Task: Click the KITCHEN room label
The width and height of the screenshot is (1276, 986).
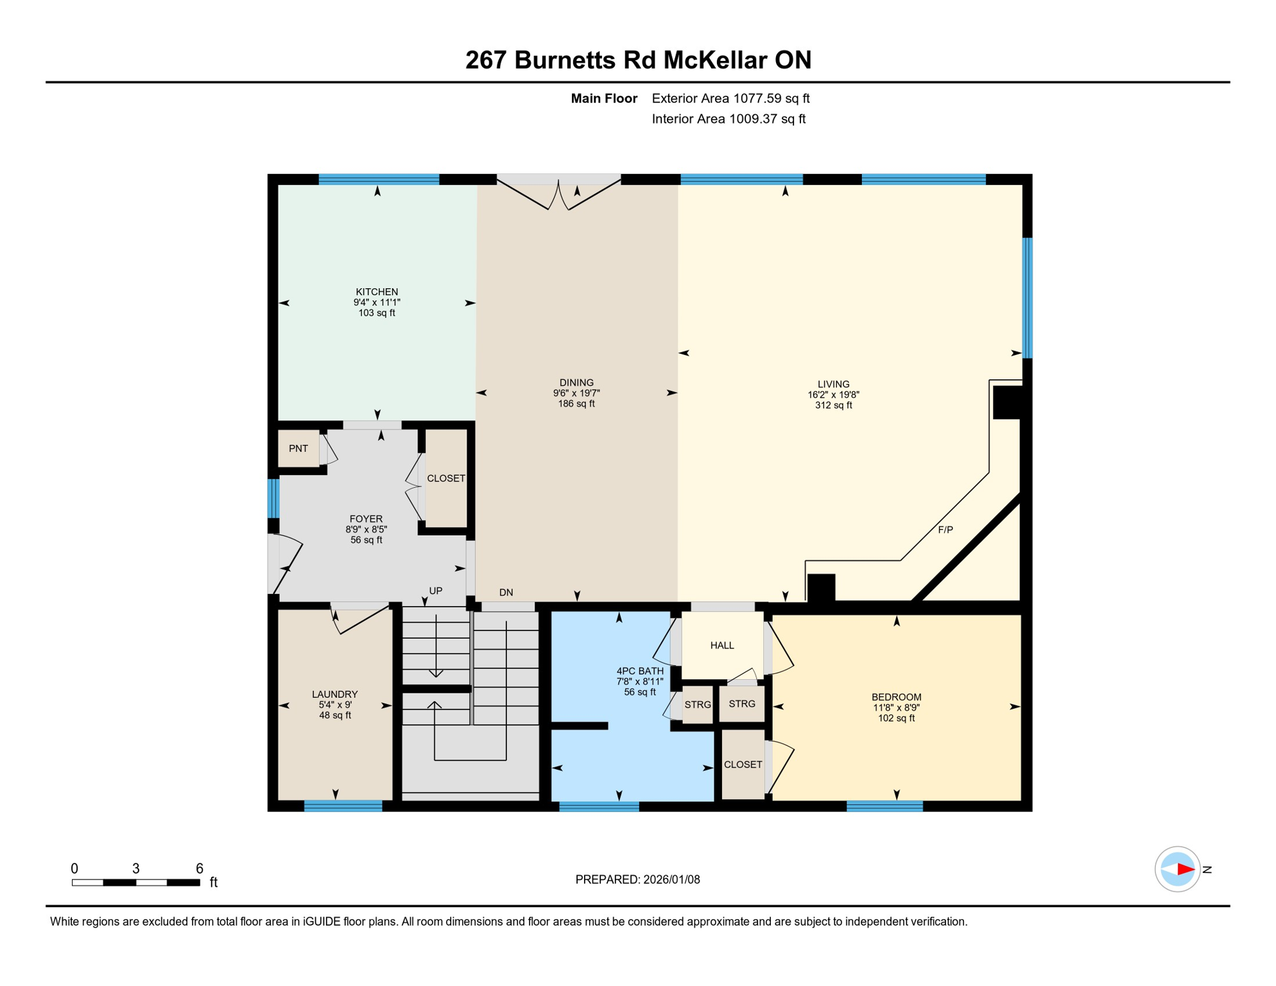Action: pyautogui.click(x=377, y=292)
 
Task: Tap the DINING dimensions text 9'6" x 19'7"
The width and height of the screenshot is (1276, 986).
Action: pyautogui.click(x=576, y=393)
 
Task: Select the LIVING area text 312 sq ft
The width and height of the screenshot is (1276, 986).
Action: pyautogui.click(x=833, y=406)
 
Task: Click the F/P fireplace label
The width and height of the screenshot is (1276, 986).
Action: pyautogui.click(x=945, y=530)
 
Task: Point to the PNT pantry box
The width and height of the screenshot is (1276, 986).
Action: pyautogui.click(x=298, y=449)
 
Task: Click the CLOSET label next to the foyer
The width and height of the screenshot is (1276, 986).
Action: pyautogui.click(x=446, y=479)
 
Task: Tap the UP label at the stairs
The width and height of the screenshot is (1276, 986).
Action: pyautogui.click(x=436, y=591)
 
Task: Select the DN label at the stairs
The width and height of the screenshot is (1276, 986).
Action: pyautogui.click(x=506, y=592)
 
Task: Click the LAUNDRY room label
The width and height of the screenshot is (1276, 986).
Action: pyautogui.click(x=334, y=695)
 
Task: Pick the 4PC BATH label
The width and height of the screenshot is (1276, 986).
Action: pyautogui.click(x=640, y=671)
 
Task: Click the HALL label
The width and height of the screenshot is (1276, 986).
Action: pyautogui.click(x=722, y=646)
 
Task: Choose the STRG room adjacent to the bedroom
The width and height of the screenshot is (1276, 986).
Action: pyautogui.click(x=742, y=704)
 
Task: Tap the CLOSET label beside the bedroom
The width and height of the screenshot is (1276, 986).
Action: pyautogui.click(x=743, y=765)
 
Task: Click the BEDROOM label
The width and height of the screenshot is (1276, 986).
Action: pyautogui.click(x=896, y=697)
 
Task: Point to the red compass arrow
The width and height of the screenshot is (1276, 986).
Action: pyautogui.click(x=1185, y=870)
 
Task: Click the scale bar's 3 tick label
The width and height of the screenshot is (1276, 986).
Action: pyautogui.click(x=136, y=869)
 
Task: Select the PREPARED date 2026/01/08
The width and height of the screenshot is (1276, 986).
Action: pyautogui.click(x=671, y=880)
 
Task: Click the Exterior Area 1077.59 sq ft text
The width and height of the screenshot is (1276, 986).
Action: pyautogui.click(x=730, y=98)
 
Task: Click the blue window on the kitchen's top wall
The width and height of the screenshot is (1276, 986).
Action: pyautogui.click(x=379, y=180)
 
